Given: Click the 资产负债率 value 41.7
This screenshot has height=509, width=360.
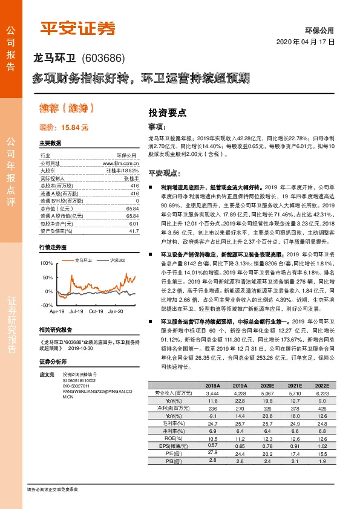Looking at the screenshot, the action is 134,231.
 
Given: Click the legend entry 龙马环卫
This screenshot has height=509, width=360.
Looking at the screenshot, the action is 83,260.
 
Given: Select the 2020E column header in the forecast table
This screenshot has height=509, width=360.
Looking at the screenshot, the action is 267,386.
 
